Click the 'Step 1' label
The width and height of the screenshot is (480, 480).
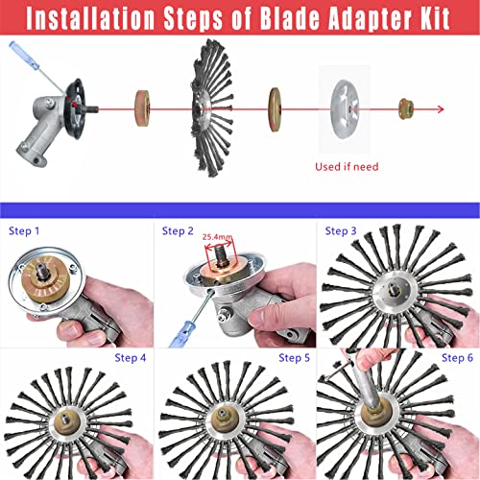pyautogui.click(x=24, y=231)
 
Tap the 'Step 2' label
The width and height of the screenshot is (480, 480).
pyautogui.click(x=178, y=231)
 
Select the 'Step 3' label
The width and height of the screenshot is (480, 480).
pyautogui.click(x=341, y=231)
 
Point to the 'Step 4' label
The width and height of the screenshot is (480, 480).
pyautogui.click(x=131, y=358)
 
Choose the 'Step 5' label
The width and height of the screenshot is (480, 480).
pyautogui.click(x=294, y=358)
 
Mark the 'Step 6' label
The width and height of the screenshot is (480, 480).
pyautogui.click(x=457, y=358)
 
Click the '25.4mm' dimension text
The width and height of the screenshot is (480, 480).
pyautogui.click(x=218, y=237)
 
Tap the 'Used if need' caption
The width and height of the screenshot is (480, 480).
pyautogui.click(x=347, y=167)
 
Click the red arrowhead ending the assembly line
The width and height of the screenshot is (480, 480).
pyautogui.click(x=441, y=109)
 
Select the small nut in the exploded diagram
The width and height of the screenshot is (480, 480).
pyautogui.click(x=406, y=109)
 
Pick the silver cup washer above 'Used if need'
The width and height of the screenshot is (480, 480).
pyautogui.click(x=345, y=109)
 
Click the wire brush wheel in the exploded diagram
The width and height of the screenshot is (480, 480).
pyautogui.click(x=212, y=108)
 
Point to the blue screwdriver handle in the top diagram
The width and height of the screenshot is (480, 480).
pyautogui.click(x=24, y=55)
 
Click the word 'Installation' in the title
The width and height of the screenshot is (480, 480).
pyautogui.click(x=90, y=17)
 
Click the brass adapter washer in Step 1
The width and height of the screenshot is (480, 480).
pyautogui.click(x=45, y=279)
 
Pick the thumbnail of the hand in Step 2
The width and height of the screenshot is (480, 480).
pyautogui.click(x=257, y=317)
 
